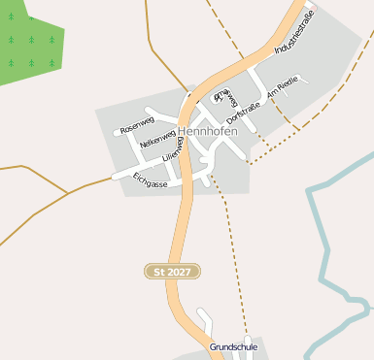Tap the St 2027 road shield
(172, 272)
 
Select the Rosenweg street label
(137, 124)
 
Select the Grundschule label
(233, 346)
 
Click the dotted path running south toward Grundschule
(233, 252)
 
